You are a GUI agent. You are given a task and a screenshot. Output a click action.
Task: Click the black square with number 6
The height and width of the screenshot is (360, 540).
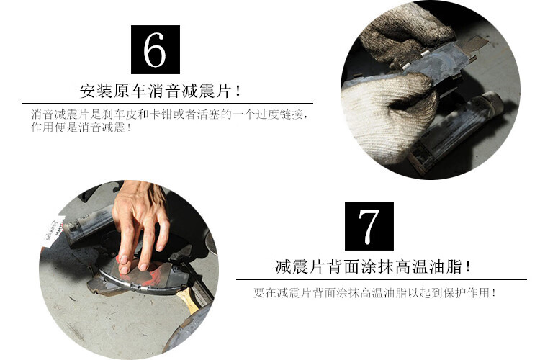(156, 49)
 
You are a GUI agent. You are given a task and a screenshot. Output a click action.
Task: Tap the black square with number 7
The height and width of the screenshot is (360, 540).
(369, 226)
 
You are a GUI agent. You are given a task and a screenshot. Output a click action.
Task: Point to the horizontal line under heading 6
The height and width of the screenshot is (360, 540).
(168, 103)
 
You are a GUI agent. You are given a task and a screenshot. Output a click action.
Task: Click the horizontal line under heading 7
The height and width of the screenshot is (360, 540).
(382, 280)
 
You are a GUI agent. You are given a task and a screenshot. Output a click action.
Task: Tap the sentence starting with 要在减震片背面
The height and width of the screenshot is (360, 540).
(374, 293)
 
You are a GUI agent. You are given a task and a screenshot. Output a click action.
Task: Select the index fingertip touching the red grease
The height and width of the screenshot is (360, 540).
(123, 268)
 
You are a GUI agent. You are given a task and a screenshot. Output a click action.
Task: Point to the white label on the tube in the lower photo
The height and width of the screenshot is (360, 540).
(53, 229)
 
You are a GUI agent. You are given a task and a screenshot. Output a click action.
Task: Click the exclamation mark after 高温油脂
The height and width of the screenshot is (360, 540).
(467, 267)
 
